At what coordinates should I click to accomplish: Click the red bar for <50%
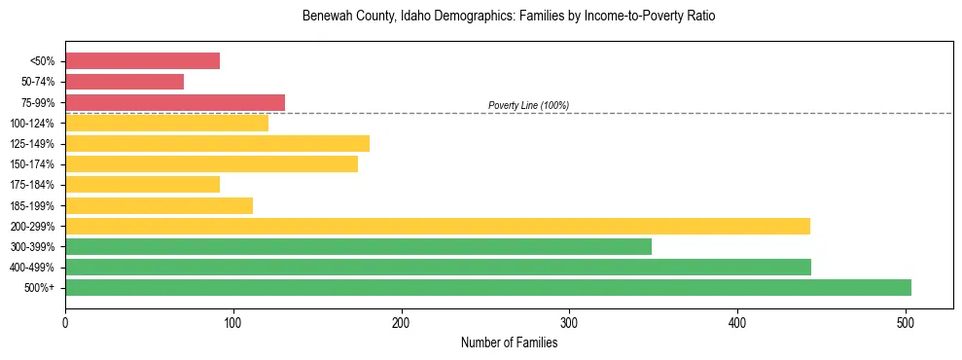[x=142, y=61]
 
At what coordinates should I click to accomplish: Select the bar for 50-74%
[x=125, y=82]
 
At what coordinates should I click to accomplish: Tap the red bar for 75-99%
[x=175, y=102]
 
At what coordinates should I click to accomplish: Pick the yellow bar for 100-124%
[x=166, y=123]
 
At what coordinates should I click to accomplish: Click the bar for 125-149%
[x=217, y=144]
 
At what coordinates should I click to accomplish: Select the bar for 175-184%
[x=142, y=184]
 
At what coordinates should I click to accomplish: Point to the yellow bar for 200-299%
[x=438, y=226]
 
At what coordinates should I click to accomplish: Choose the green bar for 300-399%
[x=358, y=246]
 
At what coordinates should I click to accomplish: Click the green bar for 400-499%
[x=438, y=267]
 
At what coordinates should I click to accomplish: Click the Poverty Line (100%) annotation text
[x=528, y=105]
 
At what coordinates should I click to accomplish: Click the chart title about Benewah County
[x=509, y=17]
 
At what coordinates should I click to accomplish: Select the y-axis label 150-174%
[x=32, y=164]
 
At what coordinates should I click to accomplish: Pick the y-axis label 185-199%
[x=32, y=205]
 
